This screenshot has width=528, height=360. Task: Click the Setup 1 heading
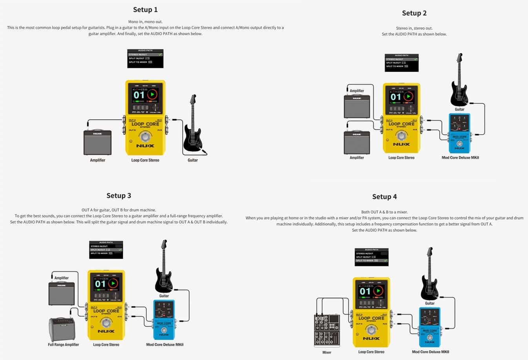(x=145, y=10)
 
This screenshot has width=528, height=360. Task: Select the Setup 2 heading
(x=414, y=13)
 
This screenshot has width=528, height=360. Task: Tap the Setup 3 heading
(x=118, y=196)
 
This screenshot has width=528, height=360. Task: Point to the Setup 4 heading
(x=384, y=197)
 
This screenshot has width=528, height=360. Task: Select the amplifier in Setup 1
(x=97, y=142)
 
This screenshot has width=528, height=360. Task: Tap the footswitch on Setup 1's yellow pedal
(x=145, y=137)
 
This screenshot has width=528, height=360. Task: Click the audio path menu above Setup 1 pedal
(x=145, y=58)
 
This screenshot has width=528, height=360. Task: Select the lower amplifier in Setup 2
(x=357, y=143)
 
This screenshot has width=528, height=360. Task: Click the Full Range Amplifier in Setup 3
(x=62, y=329)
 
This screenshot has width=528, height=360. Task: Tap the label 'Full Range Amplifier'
(x=63, y=345)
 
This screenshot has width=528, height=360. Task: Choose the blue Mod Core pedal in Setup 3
(x=164, y=320)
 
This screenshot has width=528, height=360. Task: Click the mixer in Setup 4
(x=327, y=330)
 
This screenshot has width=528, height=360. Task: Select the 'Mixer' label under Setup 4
(x=327, y=353)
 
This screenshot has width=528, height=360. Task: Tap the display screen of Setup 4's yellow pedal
(x=371, y=292)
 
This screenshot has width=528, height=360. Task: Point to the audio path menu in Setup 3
(x=106, y=250)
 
